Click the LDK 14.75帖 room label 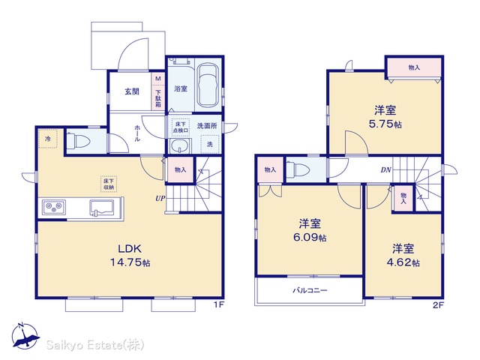pyautogui.click(x=130, y=255)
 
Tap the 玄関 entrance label pyautogui.click(x=132, y=91)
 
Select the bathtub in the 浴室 pyautogui.click(x=208, y=86)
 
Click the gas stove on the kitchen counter pyautogui.click(x=54, y=207)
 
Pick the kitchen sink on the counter pyautogui.click(x=102, y=208)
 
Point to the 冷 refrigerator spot pyautogui.click(x=48, y=139)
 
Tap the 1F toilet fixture pyautogui.click(x=78, y=142)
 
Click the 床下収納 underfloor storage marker pyautogui.click(x=109, y=184)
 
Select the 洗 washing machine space pyautogui.click(x=210, y=144)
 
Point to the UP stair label pyautogui.click(x=160, y=198)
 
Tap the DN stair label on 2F pyautogui.click(x=385, y=169)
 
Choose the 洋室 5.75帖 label pyautogui.click(x=385, y=117)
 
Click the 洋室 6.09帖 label pyautogui.click(x=310, y=230)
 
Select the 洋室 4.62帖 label pyautogui.click(x=403, y=255)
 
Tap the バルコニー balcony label pyautogui.click(x=310, y=290)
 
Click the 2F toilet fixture pyautogui.click(x=298, y=169)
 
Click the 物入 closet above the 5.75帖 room pyautogui.click(x=414, y=67)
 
